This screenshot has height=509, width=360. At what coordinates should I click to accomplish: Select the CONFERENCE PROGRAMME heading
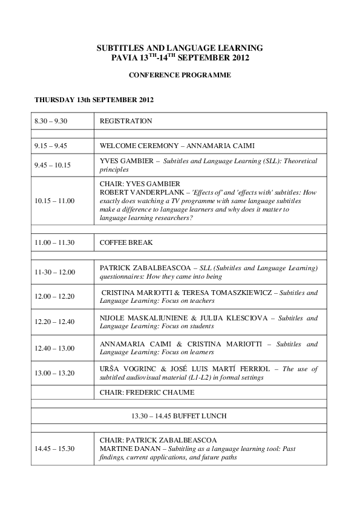pos(180,76)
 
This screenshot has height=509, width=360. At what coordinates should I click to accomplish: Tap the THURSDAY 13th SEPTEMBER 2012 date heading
pos(97,99)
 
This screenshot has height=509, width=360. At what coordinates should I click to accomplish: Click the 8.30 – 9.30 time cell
pos(51,121)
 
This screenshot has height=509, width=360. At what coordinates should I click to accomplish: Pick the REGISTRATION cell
pos(126,121)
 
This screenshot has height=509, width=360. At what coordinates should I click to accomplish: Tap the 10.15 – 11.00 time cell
pos(54,201)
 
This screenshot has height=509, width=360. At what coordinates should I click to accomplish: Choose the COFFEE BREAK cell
pos(126,242)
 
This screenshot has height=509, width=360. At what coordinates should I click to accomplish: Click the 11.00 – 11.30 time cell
pos(54,242)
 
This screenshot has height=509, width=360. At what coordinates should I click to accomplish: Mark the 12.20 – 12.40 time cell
pos(54,322)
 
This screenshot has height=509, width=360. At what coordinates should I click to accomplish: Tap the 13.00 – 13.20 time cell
pos(54,373)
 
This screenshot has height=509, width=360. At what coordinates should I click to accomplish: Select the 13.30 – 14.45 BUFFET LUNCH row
pos(180,416)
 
